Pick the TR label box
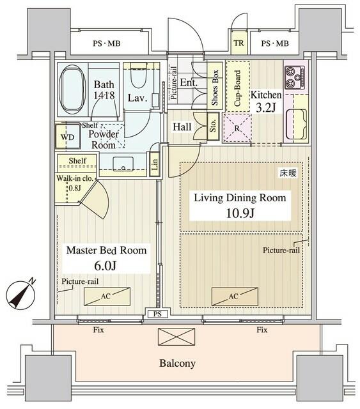239,43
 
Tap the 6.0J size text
106,265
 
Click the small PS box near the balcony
157,314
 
